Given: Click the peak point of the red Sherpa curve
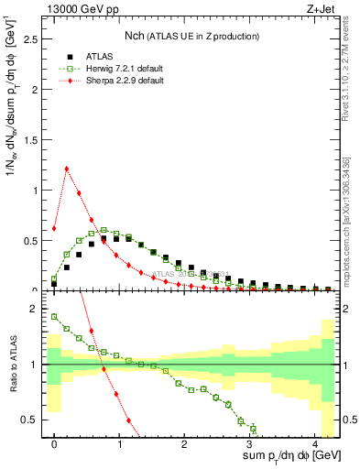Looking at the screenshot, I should [x=67, y=169].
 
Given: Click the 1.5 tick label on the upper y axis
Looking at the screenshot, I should [x=33, y=141].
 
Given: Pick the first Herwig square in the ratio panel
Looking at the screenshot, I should [x=54, y=317].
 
